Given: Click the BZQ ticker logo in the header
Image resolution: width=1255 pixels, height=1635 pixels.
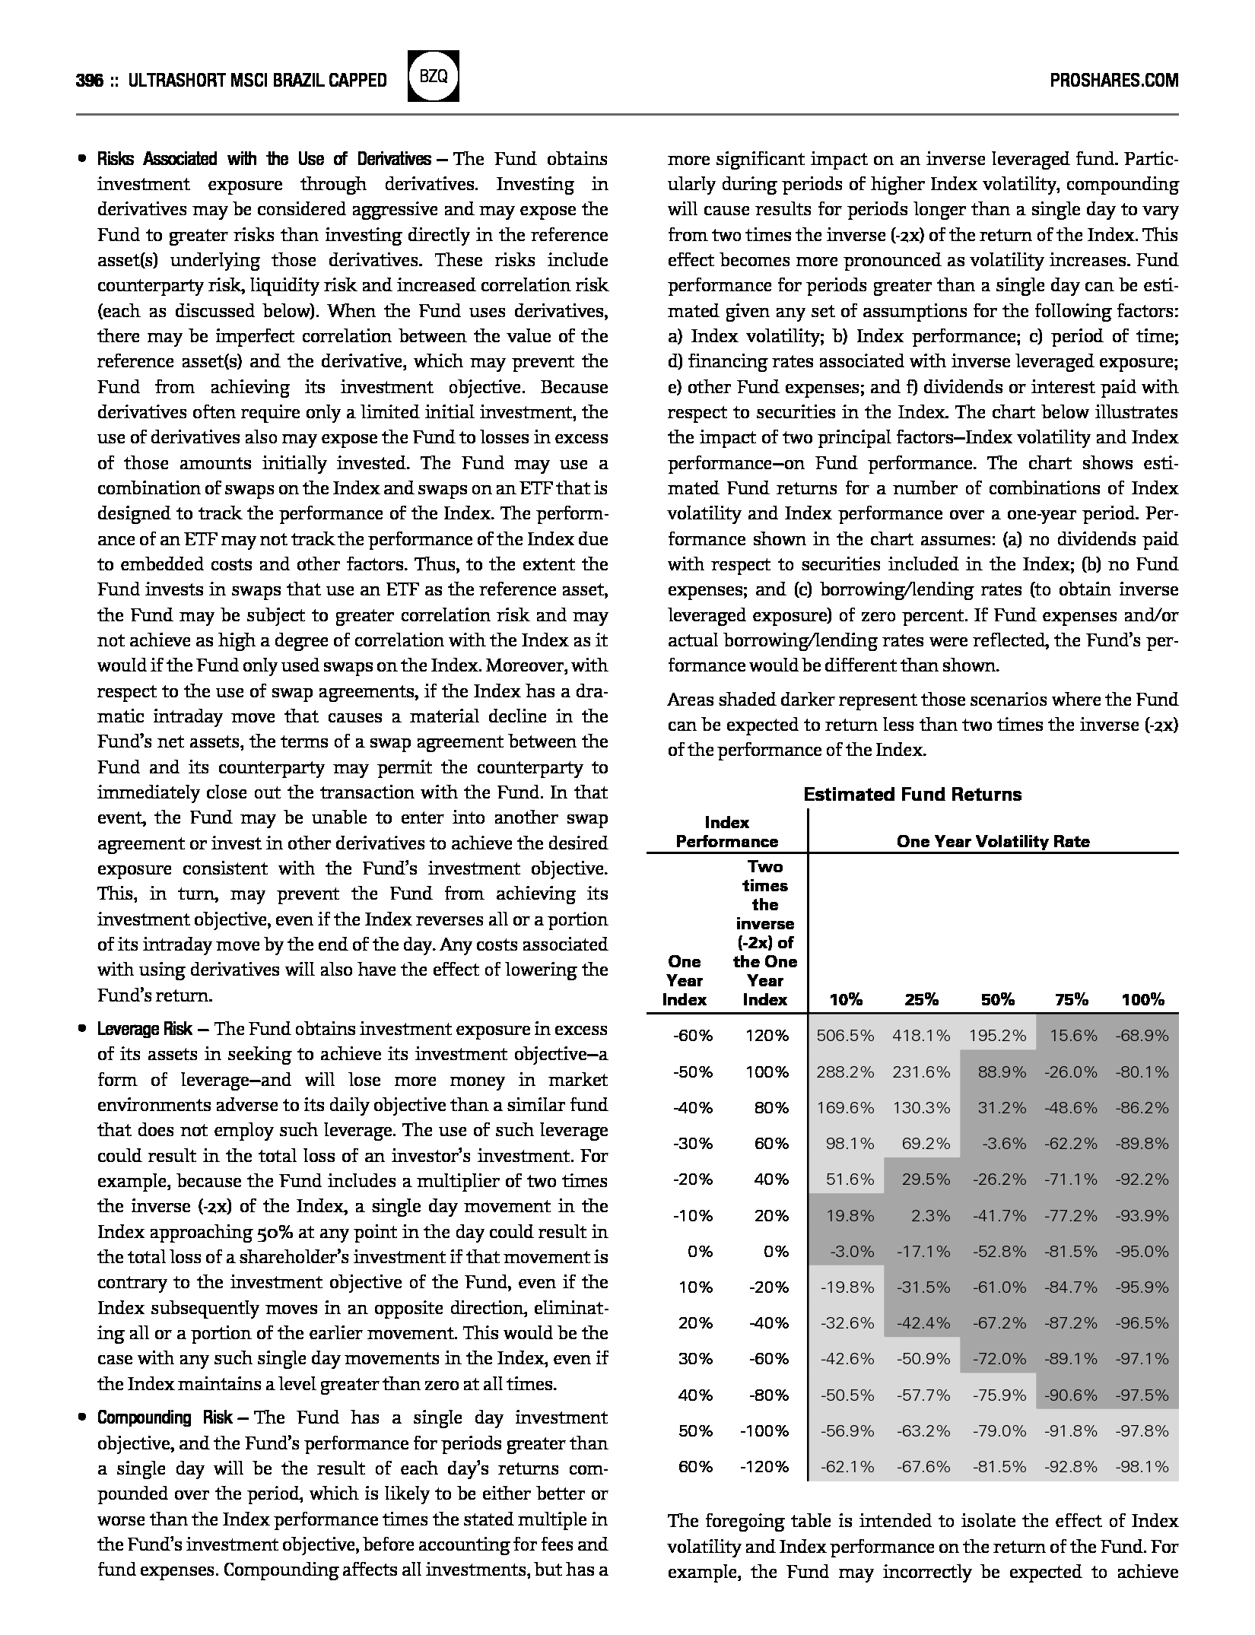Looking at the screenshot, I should point(434,77).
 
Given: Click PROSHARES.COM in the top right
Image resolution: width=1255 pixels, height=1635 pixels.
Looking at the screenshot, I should point(1114,81).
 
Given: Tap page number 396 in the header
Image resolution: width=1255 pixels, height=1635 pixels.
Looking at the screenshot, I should point(90,81).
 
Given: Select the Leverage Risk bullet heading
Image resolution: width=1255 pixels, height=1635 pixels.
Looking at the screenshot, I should point(145,1029).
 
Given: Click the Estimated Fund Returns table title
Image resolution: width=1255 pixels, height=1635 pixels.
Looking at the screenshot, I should point(912,795).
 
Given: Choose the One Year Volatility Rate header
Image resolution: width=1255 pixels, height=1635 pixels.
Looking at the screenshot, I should point(993,841).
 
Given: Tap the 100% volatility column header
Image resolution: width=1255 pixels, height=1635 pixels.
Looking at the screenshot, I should point(1142,999).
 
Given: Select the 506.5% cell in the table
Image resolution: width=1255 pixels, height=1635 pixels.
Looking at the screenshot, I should point(845,1036).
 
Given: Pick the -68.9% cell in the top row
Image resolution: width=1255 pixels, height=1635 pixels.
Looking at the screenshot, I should point(1142,1036).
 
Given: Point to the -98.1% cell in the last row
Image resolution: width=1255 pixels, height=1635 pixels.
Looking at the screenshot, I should point(1142,1467).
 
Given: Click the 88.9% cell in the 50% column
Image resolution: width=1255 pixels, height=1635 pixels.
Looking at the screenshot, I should point(1002,1071).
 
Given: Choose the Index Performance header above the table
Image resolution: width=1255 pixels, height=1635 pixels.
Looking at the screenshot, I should point(726,832).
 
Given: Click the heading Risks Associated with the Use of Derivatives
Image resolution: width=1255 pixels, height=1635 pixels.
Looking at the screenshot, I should point(263,159).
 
